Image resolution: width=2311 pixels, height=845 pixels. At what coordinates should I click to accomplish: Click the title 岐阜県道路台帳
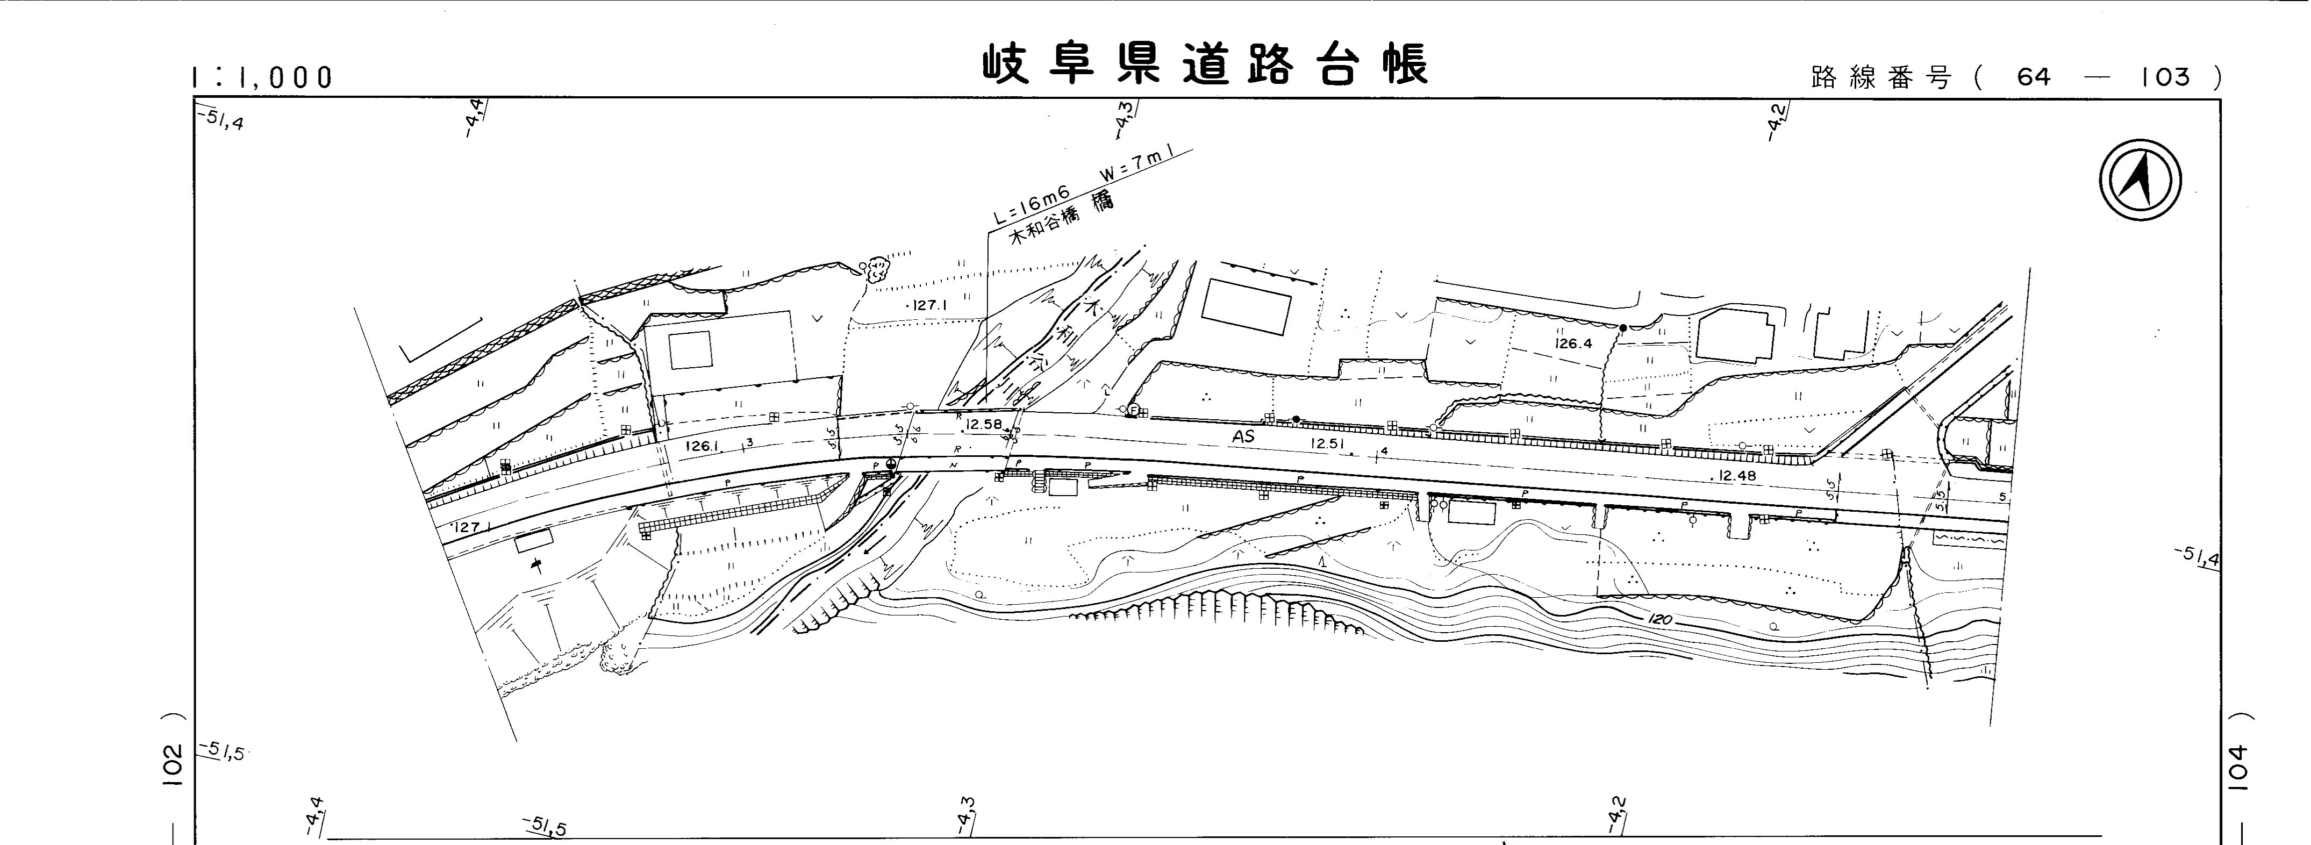pyautogui.click(x=1204, y=65)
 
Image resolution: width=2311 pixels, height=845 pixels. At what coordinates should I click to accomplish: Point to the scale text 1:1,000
pyautogui.click(x=262, y=78)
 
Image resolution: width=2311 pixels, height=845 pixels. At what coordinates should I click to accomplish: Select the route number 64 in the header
pyautogui.click(x=2034, y=77)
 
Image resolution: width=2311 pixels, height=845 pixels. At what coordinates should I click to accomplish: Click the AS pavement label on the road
pyautogui.click(x=1242, y=438)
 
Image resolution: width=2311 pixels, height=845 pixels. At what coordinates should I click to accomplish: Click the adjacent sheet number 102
pyautogui.click(x=174, y=765)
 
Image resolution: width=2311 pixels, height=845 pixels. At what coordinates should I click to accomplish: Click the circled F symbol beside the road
pyautogui.click(x=1133, y=411)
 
